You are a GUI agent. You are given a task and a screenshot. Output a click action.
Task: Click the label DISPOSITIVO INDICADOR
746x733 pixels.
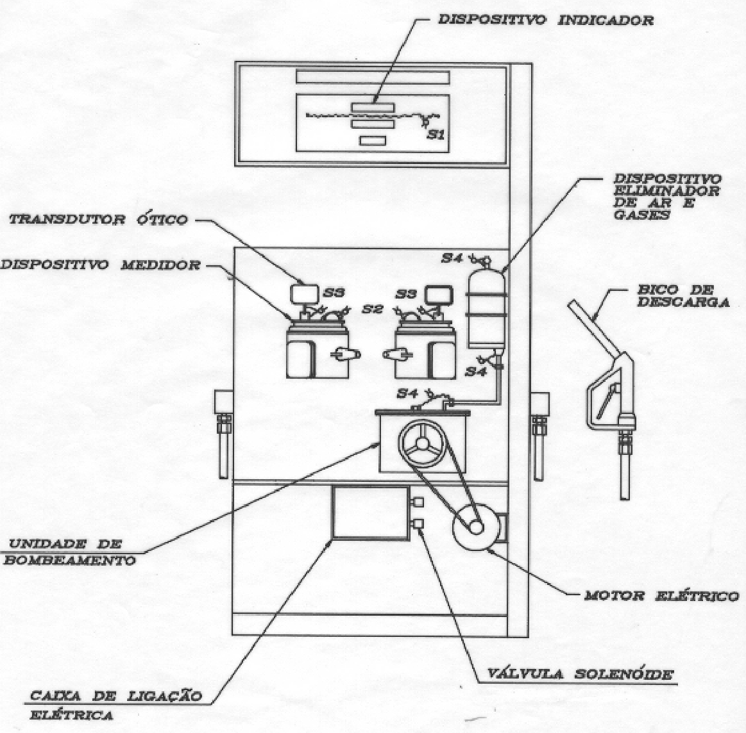(x=545, y=20)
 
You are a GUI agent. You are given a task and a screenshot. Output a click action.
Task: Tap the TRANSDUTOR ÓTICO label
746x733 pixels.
(x=99, y=220)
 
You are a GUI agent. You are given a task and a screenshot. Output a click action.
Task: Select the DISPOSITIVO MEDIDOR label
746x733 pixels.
(x=101, y=264)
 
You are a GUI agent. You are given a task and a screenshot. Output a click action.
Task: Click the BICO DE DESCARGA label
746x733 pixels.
(x=683, y=296)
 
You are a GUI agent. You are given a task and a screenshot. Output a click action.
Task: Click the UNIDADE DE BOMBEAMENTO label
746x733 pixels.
(x=70, y=552)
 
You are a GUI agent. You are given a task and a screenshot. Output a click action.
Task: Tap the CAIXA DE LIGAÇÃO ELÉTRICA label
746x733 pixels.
(x=115, y=705)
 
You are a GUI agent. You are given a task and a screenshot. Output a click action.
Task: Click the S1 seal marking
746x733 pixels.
(x=436, y=135)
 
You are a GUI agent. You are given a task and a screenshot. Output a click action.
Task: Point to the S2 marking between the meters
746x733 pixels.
(x=372, y=309)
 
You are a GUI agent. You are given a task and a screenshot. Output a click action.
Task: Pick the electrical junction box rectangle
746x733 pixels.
(x=371, y=513)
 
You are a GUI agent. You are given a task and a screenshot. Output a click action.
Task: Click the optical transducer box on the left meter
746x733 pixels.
(x=304, y=294)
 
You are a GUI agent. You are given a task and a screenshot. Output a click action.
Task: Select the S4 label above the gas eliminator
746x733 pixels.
(x=452, y=258)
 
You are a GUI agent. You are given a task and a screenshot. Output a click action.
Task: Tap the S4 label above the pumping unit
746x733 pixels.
(x=407, y=393)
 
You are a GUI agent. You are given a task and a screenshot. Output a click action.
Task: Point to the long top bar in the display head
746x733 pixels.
(x=373, y=77)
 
